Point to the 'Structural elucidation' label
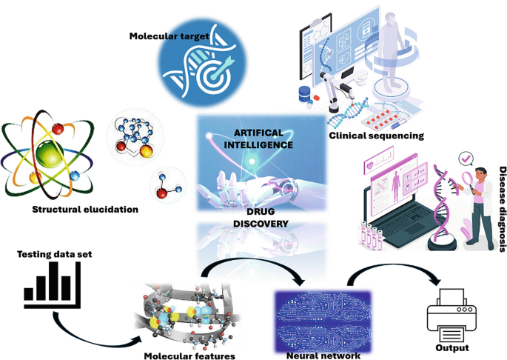86,210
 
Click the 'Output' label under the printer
453,347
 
